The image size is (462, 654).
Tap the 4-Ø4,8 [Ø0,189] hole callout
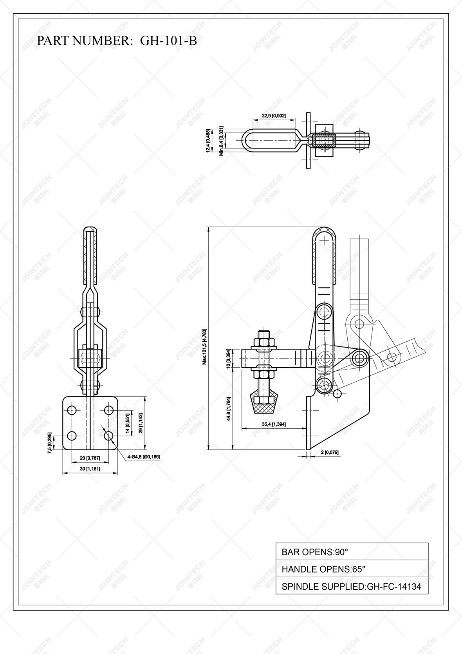143,457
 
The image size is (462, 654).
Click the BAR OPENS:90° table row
352,552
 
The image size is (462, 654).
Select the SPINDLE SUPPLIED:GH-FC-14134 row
352,586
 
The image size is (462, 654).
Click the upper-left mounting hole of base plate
72,410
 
